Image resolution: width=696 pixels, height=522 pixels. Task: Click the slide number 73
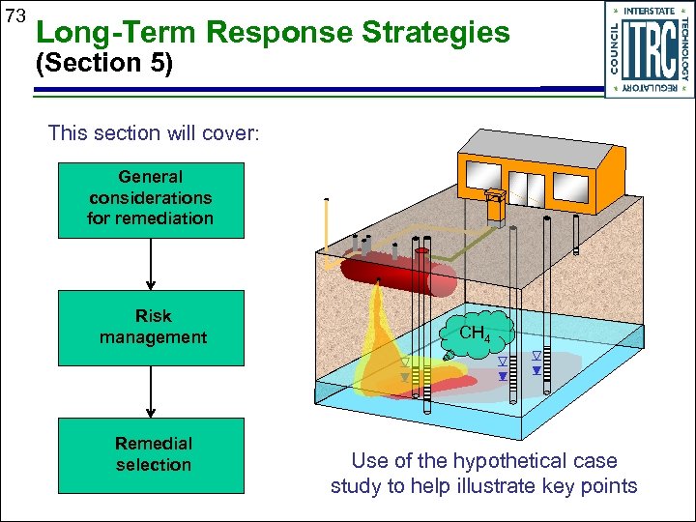(14, 16)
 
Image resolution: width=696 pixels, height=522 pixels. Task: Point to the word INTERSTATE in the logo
(649, 12)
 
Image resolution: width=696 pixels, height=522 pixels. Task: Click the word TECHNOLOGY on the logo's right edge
(684, 48)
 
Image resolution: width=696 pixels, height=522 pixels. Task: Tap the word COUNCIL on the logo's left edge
(614, 48)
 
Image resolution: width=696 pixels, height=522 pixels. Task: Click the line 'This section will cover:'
(154, 132)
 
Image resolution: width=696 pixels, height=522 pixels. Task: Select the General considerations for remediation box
(150, 198)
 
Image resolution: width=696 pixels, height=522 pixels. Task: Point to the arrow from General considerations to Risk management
(152, 263)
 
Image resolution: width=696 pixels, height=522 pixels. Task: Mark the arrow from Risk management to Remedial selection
(152, 391)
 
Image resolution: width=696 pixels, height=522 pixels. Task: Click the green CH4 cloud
(475, 334)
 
